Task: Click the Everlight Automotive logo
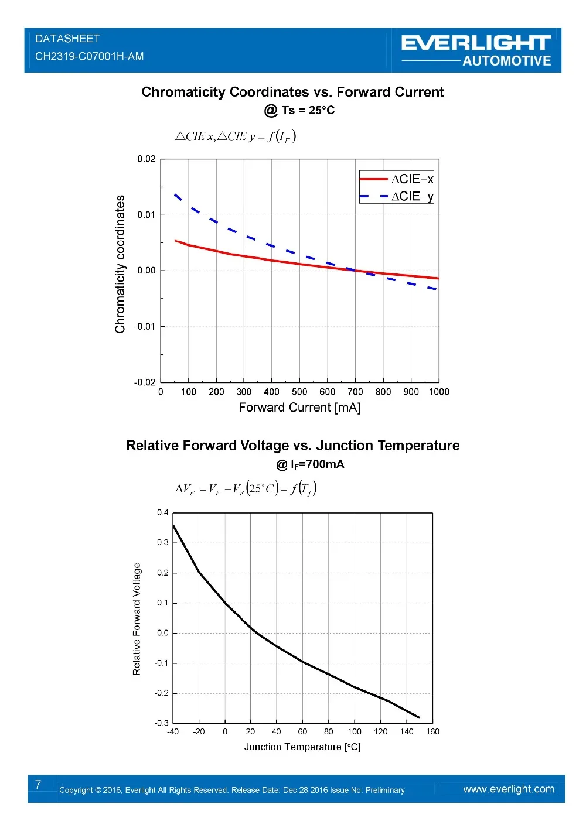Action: pos(476,50)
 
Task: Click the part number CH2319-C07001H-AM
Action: pos(90,57)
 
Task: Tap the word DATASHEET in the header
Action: pos(68,39)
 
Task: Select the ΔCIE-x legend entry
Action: pos(397,179)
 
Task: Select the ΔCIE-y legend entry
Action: pos(397,196)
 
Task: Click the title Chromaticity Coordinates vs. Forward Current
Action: pos(292,92)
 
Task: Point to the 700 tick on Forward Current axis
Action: pos(355,392)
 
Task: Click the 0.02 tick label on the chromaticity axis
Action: pos(146,159)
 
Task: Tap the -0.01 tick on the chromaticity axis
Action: pos(145,326)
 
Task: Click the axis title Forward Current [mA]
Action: pos(299,408)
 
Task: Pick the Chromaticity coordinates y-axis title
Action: pos(121,264)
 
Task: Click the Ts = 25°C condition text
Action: pos(299,110)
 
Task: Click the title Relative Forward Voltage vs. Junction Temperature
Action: pos(292,446)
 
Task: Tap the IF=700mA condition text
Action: pos(310,464)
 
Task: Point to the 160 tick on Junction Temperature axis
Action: pos(432,731)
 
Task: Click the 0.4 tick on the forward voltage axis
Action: pos(162,513)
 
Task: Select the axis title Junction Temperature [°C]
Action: pos(302,747)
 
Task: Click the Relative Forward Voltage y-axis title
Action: pos(137,619)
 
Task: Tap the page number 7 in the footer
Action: pos(38,785)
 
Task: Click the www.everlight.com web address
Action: pos(508,789)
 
